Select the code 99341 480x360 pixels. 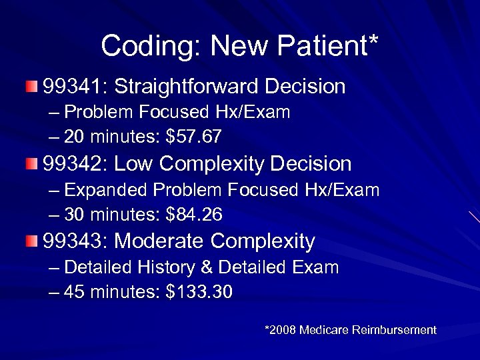coord(72,86)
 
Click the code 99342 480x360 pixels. coord(72,163)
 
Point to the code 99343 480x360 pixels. coord(72,241)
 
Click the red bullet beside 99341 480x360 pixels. coord(33,86)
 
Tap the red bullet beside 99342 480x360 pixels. coord(33,163)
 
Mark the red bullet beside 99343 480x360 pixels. coord(33,241)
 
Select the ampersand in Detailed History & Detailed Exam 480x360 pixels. coord(207,268)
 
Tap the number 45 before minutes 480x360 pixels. coord(74,293)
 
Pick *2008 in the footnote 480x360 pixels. coord(280,330)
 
